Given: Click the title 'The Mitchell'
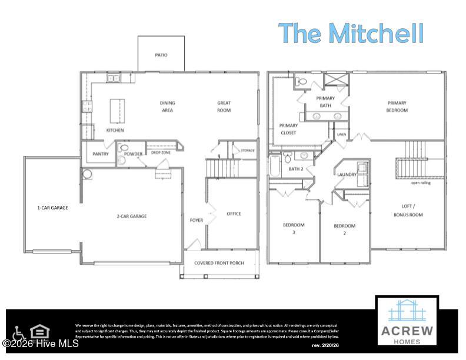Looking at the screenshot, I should (x=351, y=33).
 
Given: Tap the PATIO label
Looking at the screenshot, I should (x=161, y=55).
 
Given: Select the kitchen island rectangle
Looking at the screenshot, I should (x=118, y=110).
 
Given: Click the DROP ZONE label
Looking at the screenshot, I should (x=161, y=152).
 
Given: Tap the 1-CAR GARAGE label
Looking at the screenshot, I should (x=53, y=208).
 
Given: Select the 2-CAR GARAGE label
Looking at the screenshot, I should (x=132, y=216).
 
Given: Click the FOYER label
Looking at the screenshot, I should (x=196, y=221).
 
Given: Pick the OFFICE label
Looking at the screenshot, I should (x=234, y=214).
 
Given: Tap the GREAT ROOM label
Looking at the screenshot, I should (x=224, y=106).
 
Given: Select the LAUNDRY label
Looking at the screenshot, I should (x=347, y=175).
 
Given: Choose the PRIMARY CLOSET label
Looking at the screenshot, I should (x=288, y=129).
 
